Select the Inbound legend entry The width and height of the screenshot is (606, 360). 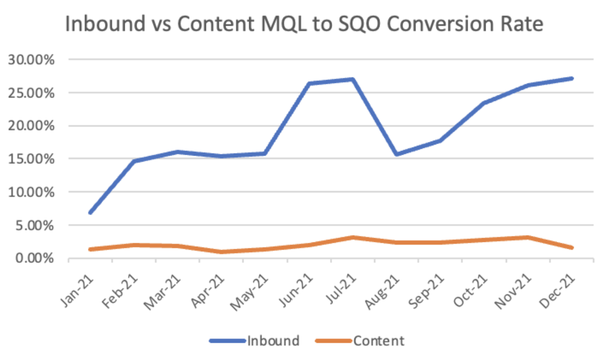pos(273,341)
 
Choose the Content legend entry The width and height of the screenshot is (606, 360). pos(378,341)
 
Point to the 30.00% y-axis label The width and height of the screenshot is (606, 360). pos(31,59)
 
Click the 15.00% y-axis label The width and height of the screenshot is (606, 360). pos(31,159)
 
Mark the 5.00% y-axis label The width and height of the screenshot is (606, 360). pos(34,226)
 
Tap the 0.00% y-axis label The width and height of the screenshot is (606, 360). pos(34,258)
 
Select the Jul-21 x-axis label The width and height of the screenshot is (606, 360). pos(341,290)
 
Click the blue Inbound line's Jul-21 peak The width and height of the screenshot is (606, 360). pos(352,79)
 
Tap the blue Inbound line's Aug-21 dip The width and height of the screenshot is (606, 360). pos(397,154)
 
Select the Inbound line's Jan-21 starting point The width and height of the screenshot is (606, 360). pos(90,213)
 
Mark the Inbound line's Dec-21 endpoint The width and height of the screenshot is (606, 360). pos(572,78)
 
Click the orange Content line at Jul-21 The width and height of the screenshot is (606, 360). pos(353,237)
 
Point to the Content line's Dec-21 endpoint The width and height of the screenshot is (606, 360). pos(572,248)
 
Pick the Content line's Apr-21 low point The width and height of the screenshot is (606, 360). pos(222,252)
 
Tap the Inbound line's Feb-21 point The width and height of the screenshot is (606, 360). pos(134,161)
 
